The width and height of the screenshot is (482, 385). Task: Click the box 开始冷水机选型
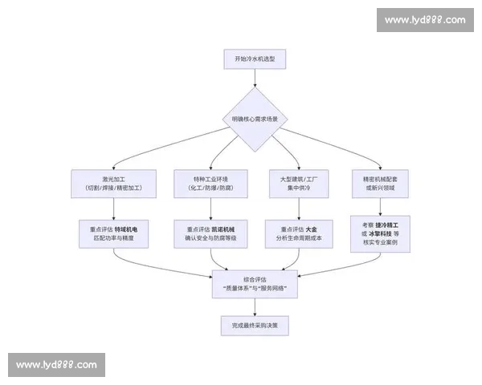(255, 59)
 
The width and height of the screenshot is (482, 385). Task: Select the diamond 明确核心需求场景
(255, 120)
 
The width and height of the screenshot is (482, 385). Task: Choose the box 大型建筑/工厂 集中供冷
(300, 183)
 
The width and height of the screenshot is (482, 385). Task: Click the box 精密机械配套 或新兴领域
(380, 183)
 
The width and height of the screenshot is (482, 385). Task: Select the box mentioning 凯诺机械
(210, 233)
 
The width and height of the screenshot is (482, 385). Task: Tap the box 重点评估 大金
(300, 233)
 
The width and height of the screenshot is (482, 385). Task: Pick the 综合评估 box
(255, 283)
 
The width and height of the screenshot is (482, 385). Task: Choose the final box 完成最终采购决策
(255, 325)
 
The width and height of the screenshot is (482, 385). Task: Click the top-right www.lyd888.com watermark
(424, 20)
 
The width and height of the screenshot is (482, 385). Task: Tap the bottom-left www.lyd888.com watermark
(56, 365)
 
